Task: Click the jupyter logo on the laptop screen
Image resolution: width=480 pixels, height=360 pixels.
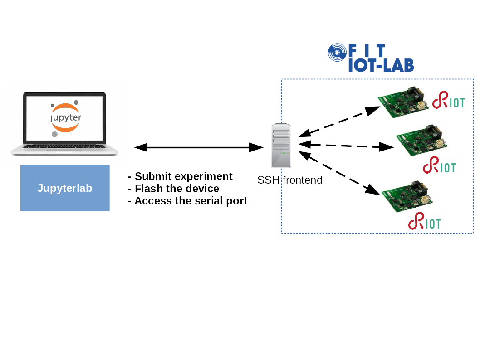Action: (65, 117)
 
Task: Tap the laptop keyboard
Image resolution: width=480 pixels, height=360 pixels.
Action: (64, 147)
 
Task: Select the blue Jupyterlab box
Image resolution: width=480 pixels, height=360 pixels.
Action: (65, 188)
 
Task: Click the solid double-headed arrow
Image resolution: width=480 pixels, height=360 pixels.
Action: (199, 147)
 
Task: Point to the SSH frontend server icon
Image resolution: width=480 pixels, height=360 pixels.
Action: (281, 146)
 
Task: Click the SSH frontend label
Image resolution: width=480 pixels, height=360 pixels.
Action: (289, 180)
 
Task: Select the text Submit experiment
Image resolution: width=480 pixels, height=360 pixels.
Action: (183, 176)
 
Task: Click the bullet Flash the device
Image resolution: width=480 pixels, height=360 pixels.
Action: (176, 189)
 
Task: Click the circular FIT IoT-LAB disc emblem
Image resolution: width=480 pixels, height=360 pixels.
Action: (337, 52)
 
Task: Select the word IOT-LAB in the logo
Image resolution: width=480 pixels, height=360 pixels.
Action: (381, 66)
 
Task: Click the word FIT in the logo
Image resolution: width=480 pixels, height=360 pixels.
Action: (367, 50)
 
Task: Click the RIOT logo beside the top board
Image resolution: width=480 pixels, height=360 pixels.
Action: (448, 101)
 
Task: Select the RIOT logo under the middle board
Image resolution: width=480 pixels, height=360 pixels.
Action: (439, 165)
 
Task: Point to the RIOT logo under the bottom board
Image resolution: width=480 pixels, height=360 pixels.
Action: (424, 221)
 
